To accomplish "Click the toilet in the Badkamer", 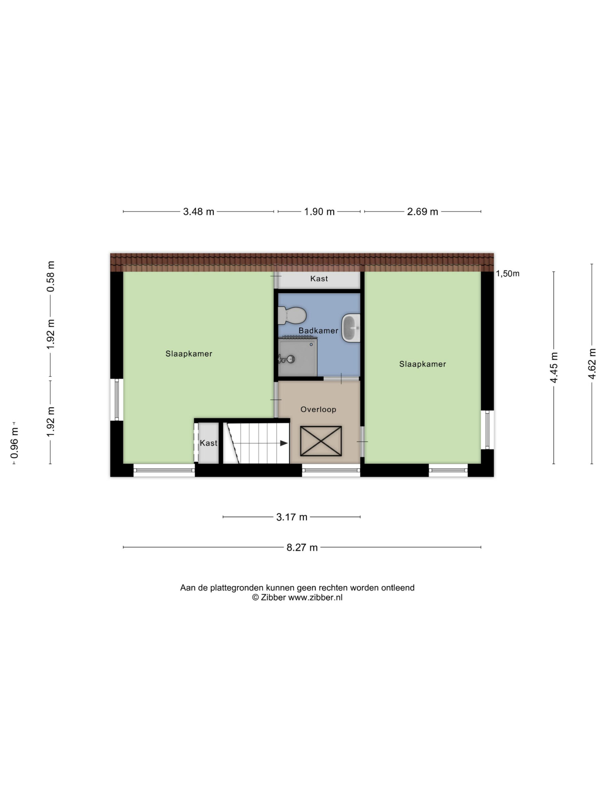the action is pyautogui.click(x=292, y=315).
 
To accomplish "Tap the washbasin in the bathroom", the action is pyautogui.click(x=351, y=328).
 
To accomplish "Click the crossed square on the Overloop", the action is pyautogui.click(x=321, y=441).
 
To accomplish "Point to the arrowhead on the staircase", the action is pyautogui.click(x=283, y=443).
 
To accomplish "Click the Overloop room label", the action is pyautogui.click(x=318, y=409).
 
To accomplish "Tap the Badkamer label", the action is pyautogui.click(x=318, y=330).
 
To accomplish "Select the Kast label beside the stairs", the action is pyautogui.click(x=209, y=443).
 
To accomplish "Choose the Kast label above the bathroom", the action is pyautogui.click(x=319, y=279).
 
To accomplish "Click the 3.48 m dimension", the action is pyautogui.click(x=198, y=212).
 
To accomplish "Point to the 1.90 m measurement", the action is pyautogui.click(x=319, y=212).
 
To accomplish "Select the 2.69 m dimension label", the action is pyautogui.click(x=422, y=212).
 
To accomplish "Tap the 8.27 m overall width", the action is pyautogui.click(x=302, y=548).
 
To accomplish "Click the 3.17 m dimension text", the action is pyautogui.click(x=292, y=517).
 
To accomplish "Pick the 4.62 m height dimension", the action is pyautogui.click(x=592, y=364).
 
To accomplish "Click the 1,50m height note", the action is pyautogui.click(x=508, y=274).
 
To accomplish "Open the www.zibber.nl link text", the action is pyautogui.click(x=315, y=597).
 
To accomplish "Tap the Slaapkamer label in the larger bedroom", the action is pyautogui.click(x=189, y=353).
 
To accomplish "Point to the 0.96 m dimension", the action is pyautogui.click(x=14, y=443).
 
